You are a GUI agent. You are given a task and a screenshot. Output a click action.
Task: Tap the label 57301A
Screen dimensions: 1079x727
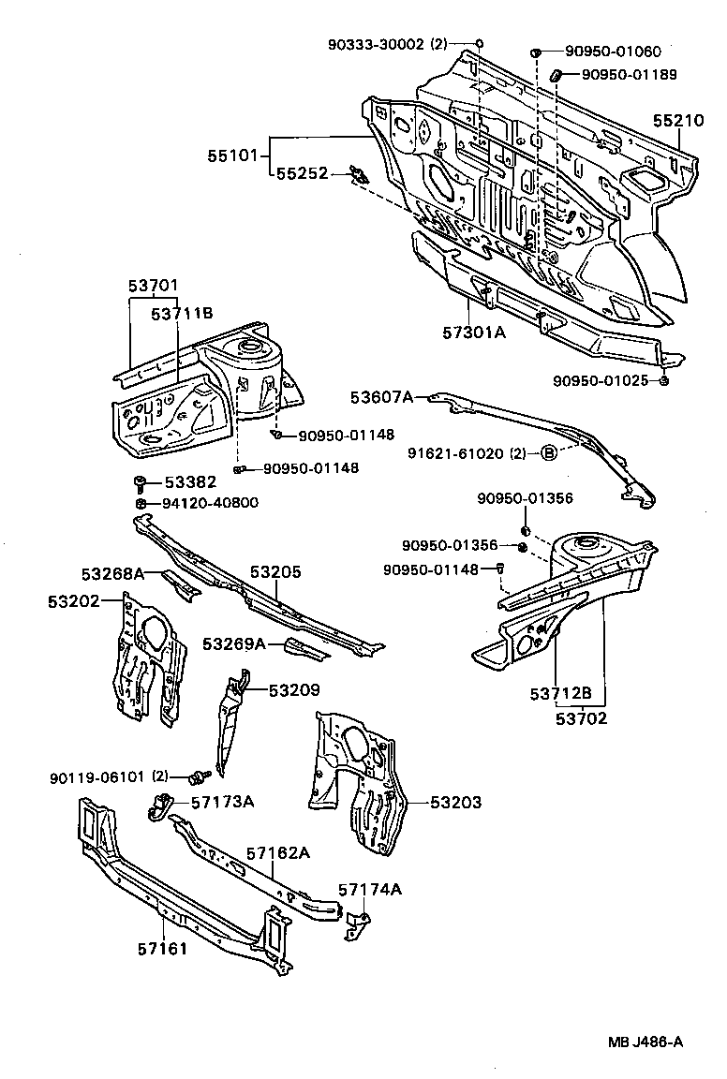[x=474, y=331]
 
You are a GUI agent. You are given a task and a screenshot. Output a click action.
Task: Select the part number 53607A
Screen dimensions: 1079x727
[x=381, y=397]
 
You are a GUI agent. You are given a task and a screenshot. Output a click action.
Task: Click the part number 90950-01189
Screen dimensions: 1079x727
[x=629, y=74]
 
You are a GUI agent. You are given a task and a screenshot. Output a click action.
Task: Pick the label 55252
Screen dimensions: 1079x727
[x=302, y=173]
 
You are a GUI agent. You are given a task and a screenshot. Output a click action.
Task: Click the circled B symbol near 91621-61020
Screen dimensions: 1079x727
[x=549, y=454]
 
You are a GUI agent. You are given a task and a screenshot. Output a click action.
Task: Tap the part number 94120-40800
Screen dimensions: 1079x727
[x=211, y=503]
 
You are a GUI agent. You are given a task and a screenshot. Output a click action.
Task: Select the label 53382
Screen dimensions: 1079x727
[x=190, y=482]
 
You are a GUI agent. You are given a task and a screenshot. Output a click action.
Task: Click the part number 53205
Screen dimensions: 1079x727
[x=275, y=571]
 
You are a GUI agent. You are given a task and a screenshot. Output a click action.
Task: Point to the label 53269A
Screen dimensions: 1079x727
[x=234, y=643]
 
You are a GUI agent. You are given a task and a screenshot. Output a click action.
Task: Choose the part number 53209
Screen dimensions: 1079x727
[x=294, y=690]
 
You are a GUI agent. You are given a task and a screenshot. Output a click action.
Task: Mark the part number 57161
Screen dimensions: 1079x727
[x=163, y=949]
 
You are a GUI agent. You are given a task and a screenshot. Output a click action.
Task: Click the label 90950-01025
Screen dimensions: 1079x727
[x=600, y=381]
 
